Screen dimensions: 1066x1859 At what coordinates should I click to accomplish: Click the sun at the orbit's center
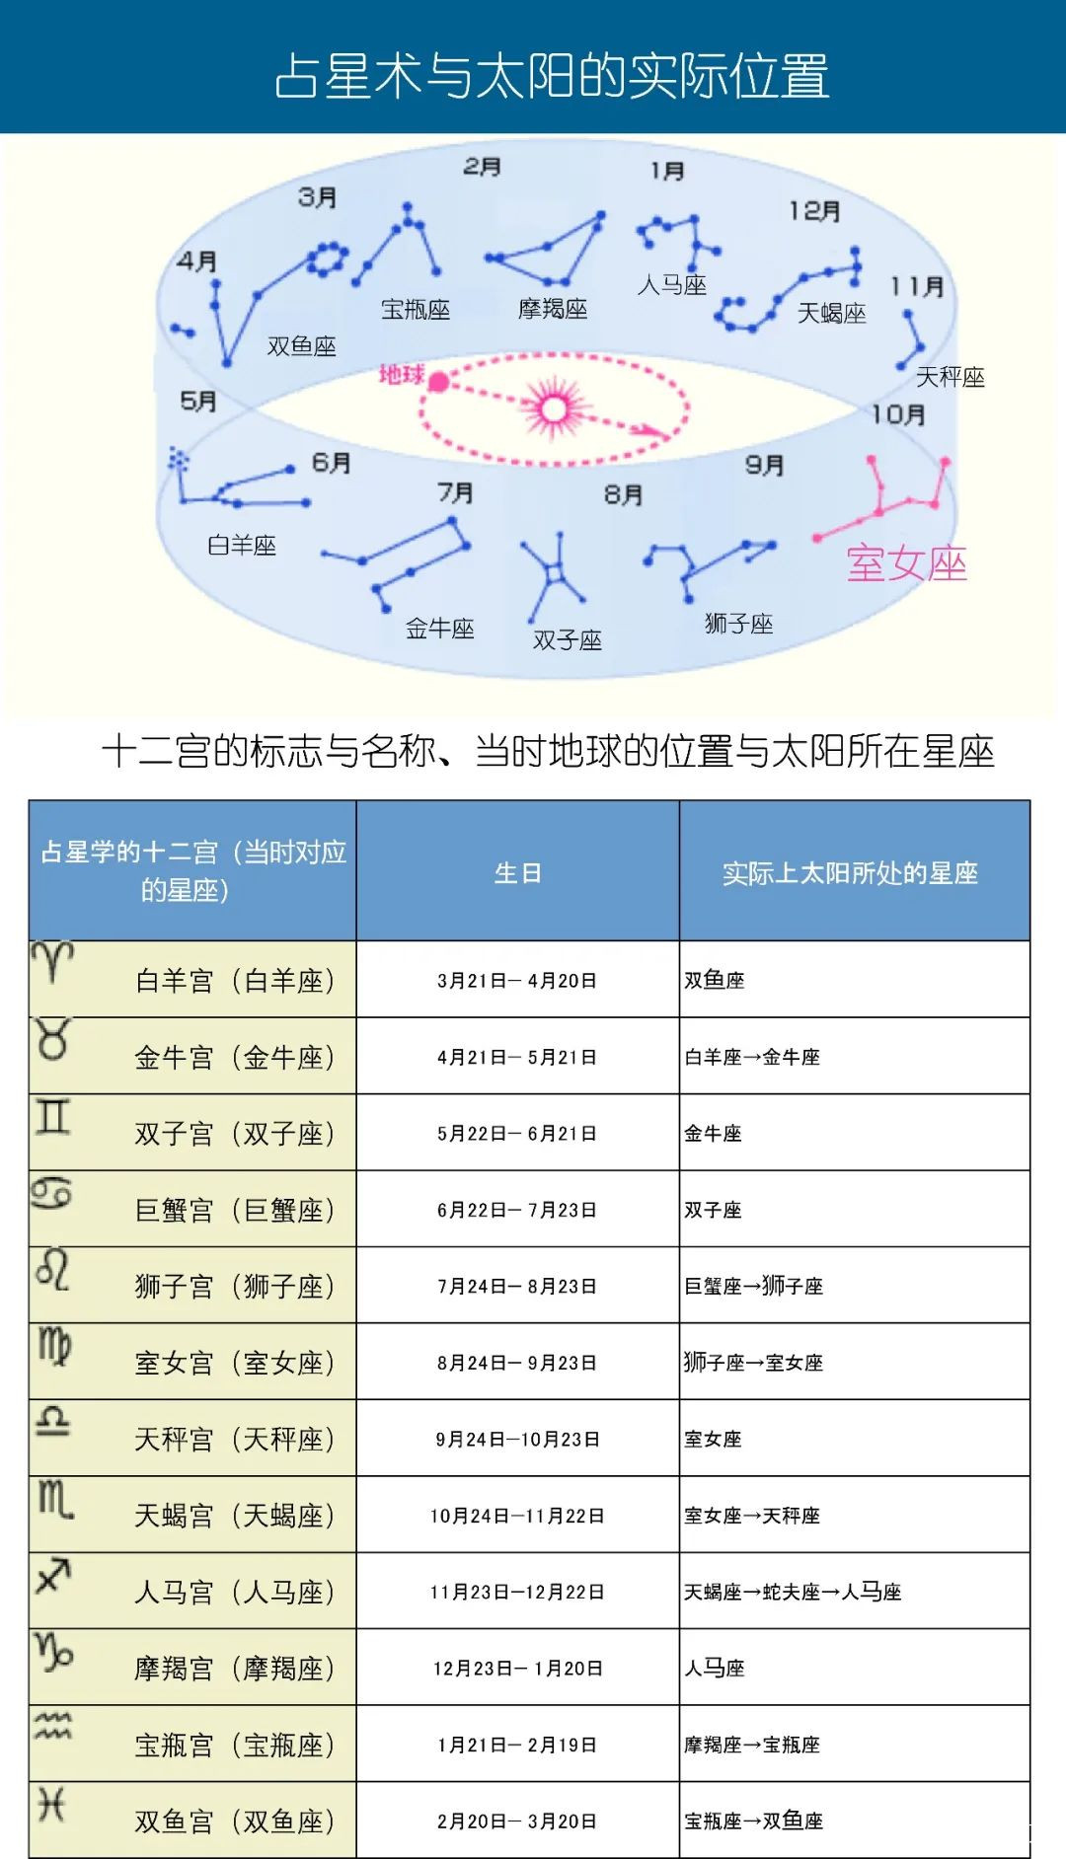554,409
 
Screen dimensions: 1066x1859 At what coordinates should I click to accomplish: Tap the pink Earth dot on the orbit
438,382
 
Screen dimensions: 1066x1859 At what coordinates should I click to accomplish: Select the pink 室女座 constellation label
906,563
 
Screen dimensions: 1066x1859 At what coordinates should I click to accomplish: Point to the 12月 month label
814,211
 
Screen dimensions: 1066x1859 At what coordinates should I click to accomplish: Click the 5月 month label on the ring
198,401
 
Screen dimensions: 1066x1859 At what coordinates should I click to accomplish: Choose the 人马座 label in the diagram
671,285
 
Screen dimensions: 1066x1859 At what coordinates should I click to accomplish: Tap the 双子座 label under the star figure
568,640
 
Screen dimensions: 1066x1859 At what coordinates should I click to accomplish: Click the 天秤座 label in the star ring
950,377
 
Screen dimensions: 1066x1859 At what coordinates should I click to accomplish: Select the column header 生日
517,873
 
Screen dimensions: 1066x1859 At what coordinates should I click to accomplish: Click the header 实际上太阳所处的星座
850,873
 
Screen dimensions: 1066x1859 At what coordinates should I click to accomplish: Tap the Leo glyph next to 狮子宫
52,1269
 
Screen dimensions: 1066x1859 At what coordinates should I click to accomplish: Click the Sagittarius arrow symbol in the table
53,1575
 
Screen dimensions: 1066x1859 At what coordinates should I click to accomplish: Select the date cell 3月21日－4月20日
517,981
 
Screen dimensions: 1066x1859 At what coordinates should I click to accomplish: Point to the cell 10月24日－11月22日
517,1516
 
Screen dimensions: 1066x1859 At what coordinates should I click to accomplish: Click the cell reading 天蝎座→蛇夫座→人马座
793,1592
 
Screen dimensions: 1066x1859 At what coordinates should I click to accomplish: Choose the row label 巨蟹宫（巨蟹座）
235,1210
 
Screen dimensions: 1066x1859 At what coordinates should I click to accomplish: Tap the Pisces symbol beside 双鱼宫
51,1805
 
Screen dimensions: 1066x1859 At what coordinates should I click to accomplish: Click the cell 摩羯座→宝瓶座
752,1745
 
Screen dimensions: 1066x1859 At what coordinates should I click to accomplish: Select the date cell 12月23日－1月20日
517,1669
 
